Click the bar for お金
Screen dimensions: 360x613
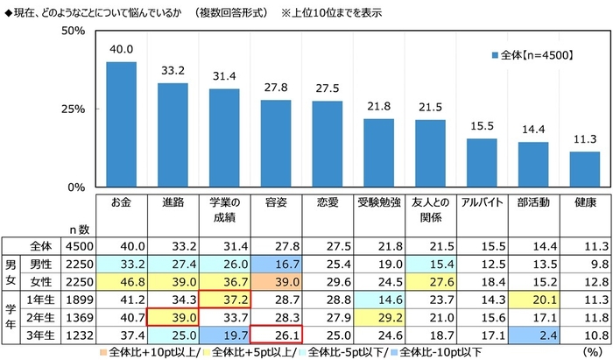(121, 124)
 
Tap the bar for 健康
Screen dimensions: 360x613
(585, 169)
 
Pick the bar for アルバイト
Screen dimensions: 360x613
(482, 163)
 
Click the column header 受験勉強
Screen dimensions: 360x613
(378, 202)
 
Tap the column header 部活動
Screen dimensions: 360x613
(533, 202)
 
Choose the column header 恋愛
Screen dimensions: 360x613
(328, 202)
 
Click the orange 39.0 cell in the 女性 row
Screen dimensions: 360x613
(276, 279)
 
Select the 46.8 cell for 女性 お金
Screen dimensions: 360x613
(121, 279)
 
